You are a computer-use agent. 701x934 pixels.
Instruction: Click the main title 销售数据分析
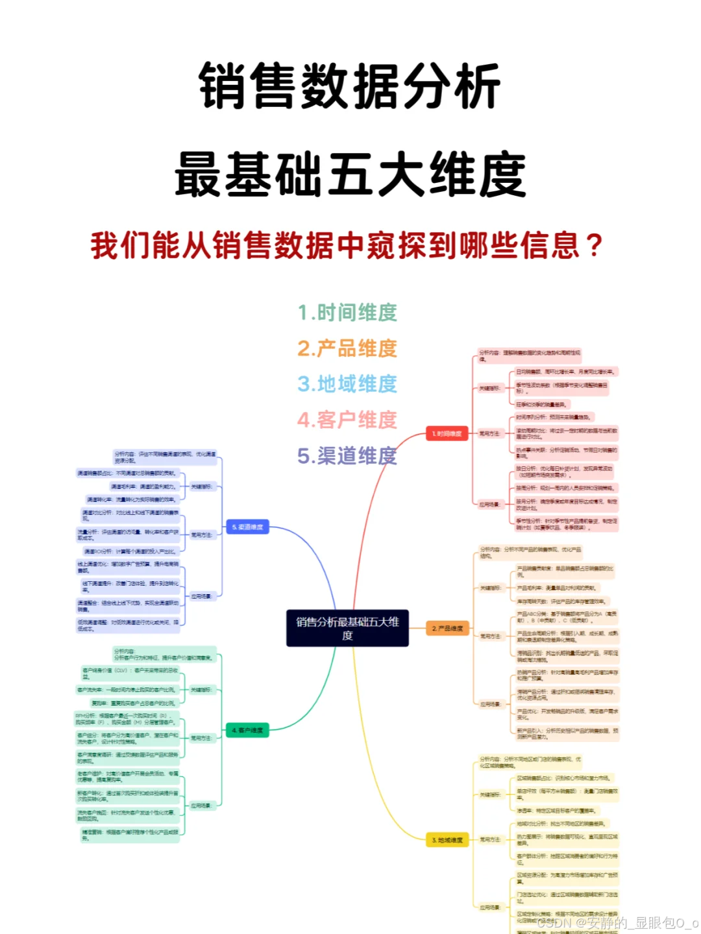[x=350, y=86]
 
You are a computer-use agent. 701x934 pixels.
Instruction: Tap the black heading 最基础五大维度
[x=350, y=174]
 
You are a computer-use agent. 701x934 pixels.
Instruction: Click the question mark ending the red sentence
[x=593, y=246]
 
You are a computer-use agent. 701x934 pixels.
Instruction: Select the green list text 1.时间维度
[x=347, y=313]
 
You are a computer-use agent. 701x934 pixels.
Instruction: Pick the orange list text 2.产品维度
[x=347, y=348]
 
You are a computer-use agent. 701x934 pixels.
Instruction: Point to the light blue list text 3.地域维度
[x=347, y=384]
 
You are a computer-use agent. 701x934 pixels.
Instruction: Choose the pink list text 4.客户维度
[x=347, y=420]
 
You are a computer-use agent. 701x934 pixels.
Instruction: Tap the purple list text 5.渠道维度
[x=347, y=456]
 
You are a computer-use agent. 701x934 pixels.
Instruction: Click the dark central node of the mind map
[x=347, y=628]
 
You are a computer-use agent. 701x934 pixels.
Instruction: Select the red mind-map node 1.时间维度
[x=447, y=433]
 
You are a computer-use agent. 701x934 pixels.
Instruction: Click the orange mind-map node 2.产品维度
[x=448, y=629]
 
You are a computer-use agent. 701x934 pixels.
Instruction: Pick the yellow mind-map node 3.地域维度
[x=447, y=840]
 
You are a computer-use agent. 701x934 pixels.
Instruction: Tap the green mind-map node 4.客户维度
[x=247, y=730]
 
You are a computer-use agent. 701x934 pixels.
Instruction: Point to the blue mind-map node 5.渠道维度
[x=247, y=527]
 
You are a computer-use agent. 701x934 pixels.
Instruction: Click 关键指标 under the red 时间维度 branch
[x=490, y=388]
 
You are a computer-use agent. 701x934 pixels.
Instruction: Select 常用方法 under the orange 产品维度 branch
[x=491, y=636]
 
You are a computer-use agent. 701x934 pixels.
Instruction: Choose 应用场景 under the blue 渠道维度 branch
[x=201, y=595]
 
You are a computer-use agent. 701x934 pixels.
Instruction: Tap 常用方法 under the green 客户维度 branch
[x=201, y=738]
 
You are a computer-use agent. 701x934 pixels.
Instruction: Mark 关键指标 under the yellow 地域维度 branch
[x=490, y=795]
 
